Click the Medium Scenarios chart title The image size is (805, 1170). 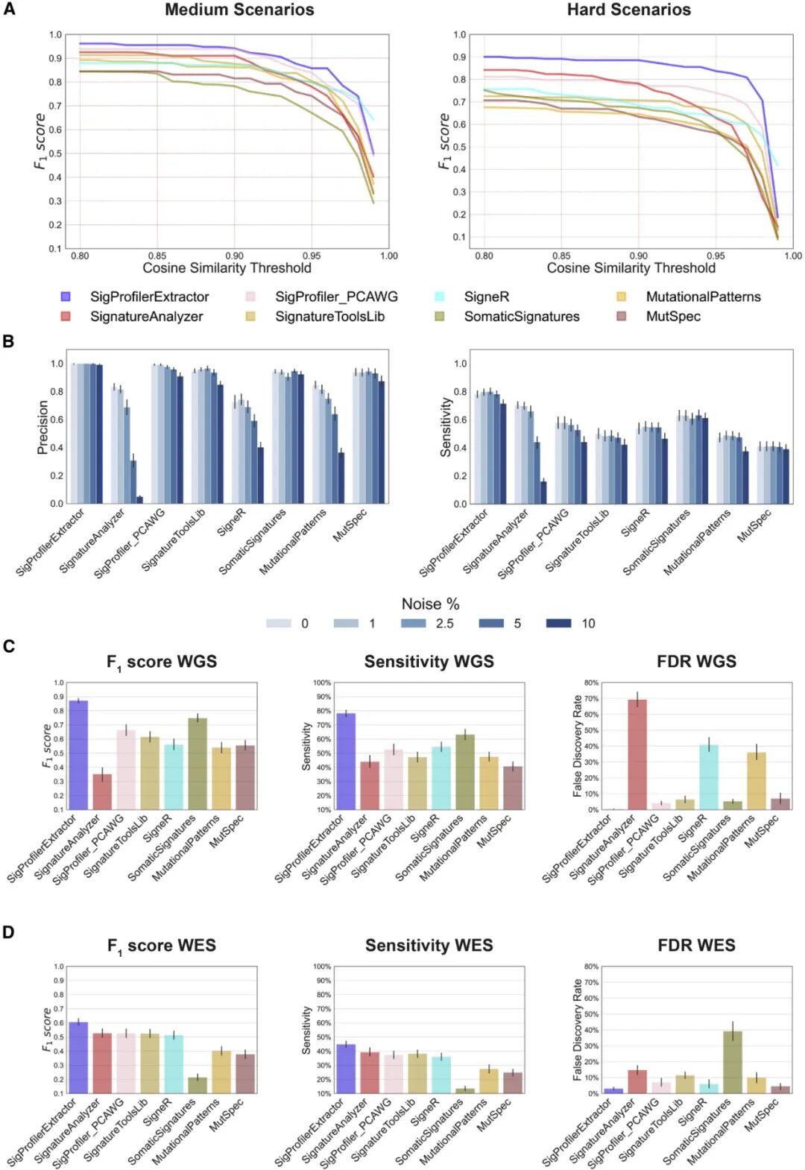coord(239,10)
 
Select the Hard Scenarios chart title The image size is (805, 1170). coord(628,10)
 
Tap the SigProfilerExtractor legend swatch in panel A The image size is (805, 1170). coord(66,297)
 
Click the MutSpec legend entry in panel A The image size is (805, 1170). coord(672,316)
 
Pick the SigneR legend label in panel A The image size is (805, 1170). coord(486,297)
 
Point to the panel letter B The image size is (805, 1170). coord(9,341)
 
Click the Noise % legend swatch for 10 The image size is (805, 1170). coord(558,623)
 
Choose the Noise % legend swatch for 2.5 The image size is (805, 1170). coord(414,623)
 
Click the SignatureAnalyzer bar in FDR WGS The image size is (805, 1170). coord(637,754)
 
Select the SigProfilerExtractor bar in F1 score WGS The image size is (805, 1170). coord(78,755)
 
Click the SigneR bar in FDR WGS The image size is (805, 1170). coord(709,777)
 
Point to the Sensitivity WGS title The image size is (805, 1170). coord(429,661)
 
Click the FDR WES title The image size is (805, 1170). coord(696,945)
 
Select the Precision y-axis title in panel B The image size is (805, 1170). coord(42,427)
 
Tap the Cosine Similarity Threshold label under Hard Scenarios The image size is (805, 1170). coord(631,268)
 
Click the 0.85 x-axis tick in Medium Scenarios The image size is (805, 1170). coord(157,256)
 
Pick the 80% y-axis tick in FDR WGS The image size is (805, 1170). coord(591,683)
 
